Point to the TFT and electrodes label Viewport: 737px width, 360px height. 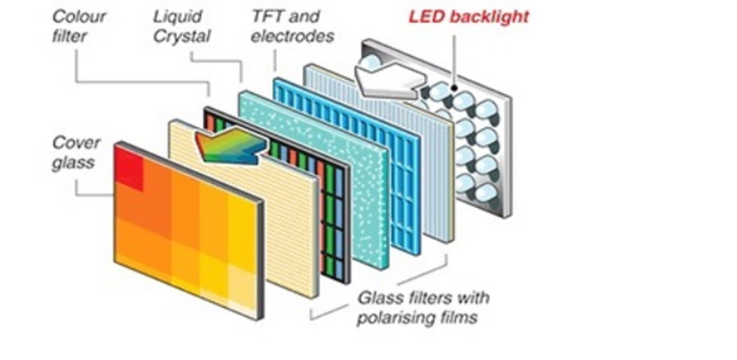(286, 26)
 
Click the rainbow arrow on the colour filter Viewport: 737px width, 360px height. (230, 145)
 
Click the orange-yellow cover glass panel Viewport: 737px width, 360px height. (188, 231)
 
